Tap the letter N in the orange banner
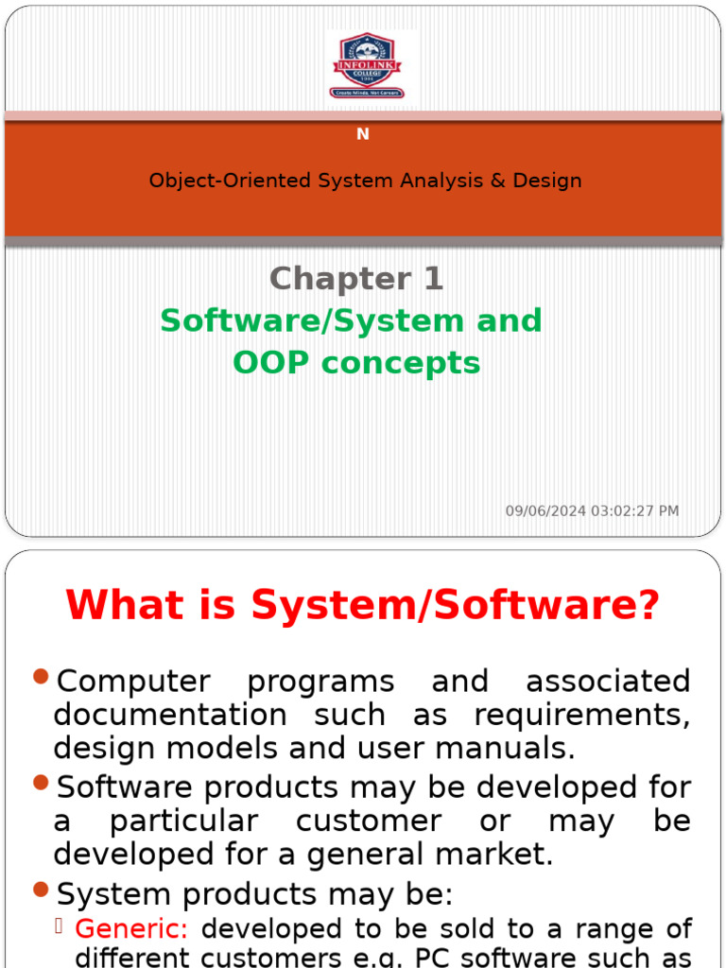pos(363,134)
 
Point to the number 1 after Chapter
pos(432,279)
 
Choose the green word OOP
pos(274,362)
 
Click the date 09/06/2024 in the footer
pos(545,511)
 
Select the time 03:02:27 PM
pos(634,511)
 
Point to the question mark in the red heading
pos(648,605)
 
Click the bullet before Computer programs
pos(40,676)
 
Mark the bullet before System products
pos(40,889)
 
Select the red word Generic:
pos(131,929)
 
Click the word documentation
pos(170,715)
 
